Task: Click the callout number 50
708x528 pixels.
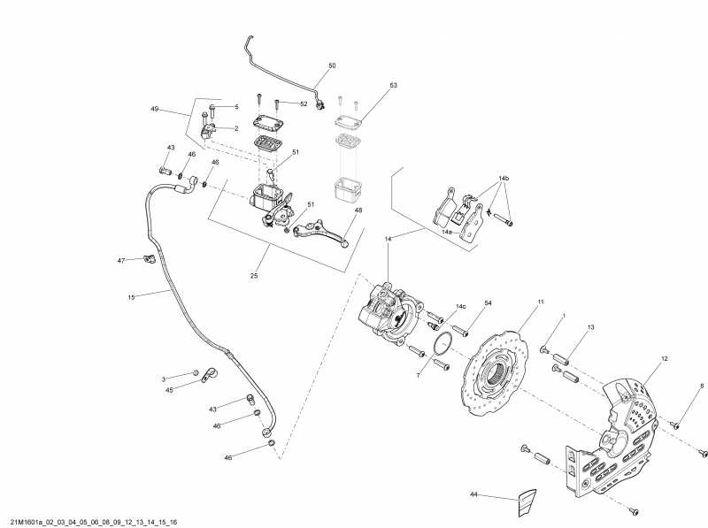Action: point(333,65)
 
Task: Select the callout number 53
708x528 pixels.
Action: point(394,86)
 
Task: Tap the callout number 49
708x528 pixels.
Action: point(154,109)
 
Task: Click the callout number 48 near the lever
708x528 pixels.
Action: point(359,210)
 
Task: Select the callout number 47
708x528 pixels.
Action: point(122,260)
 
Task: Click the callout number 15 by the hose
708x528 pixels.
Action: point(131,297)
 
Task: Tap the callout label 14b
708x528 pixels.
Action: point(504,179)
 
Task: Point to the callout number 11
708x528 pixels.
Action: point(541,302)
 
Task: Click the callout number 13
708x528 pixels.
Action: point(590,327)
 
